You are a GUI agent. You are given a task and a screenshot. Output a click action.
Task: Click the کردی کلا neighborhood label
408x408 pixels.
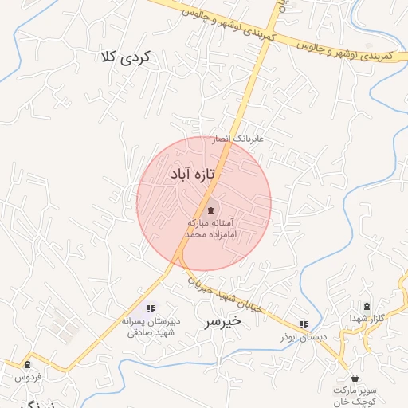tap(126, 57)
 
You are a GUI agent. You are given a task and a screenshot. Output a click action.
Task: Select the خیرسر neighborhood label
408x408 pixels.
tap(222, 322)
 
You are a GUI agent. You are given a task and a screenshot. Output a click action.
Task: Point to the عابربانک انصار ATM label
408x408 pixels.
tap(241, 139)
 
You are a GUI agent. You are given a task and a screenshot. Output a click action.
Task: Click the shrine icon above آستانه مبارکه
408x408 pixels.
tap(210, 210)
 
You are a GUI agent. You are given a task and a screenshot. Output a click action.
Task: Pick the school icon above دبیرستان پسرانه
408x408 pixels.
tap(151, 308)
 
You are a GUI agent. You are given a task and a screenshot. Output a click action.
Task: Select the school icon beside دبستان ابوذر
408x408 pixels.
tap(303, 324)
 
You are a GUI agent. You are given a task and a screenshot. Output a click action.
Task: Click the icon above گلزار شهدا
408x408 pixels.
tap(367, 307)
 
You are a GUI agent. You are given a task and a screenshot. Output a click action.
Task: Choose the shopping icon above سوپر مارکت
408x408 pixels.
tap(355, 378)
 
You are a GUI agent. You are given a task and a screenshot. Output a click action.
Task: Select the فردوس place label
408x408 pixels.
tap(25, 376)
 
